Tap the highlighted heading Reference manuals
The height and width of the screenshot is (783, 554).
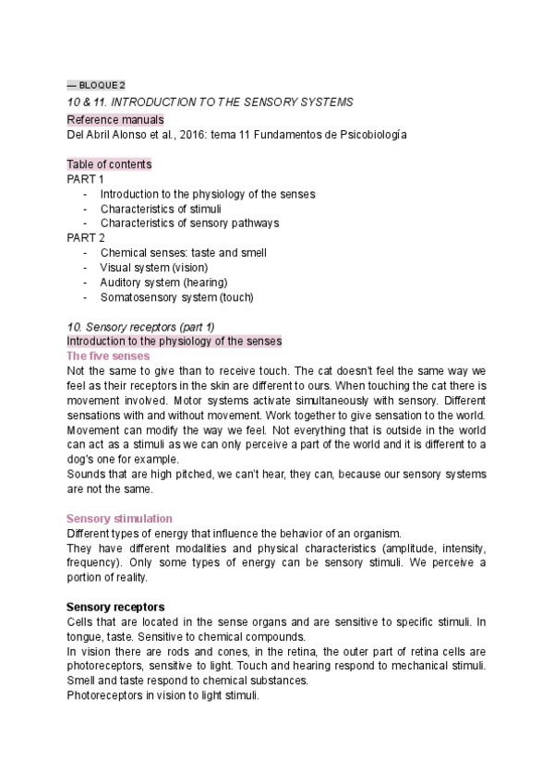pyautogui.click(x=115, y=120)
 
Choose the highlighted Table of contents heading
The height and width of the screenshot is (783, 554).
pyautogui.click(x=110, y=164)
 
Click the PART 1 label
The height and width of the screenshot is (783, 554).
pyautogui.click(x=86, y=179)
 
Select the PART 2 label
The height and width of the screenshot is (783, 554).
pyautogui.click(x=86, y=237)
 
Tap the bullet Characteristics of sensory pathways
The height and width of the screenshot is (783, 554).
pyautogui.click(x=189, y=223)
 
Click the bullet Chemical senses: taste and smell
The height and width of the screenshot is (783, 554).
pyautogui.click(x=183, y=252)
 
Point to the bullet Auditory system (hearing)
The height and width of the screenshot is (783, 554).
pyautogui.click(x=163, y=282)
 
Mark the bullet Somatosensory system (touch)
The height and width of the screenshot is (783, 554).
pyautogui.click(x=176, y=297)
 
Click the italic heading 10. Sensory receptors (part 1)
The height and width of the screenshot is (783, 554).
pyautogui.click(x=140, y=327)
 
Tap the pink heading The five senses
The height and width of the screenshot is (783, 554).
pyautogui.click(x=109, y=355)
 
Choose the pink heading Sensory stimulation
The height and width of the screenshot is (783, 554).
pyautogui.click(x=120, y=519)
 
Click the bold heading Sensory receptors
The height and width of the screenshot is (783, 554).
pyautogui.click(x=115, y=607)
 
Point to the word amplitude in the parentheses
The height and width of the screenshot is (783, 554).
pyautogui.click(x=367, y=548)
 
